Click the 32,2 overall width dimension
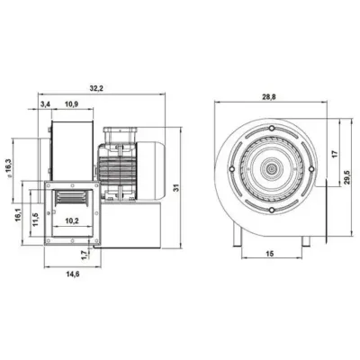pyautogui.click(x=96, y=88)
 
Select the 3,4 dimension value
pyautogui.click(x=45, y=104)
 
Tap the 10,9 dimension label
pyautogui.click(x=71, y=104)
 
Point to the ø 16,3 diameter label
pyautogui.click(x=8, y=168)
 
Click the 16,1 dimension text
pyautogui.click(x=18, y=215)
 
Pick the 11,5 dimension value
pyautogui.click(x=35, y=220)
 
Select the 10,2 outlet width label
pyautogui.click(x=72, y=221)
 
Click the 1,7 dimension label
pyautogui.click(x=85, y=255)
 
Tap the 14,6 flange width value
pyautogui.click(x=72, y=274)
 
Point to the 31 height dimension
pyautogui.click(x=176, y=188)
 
